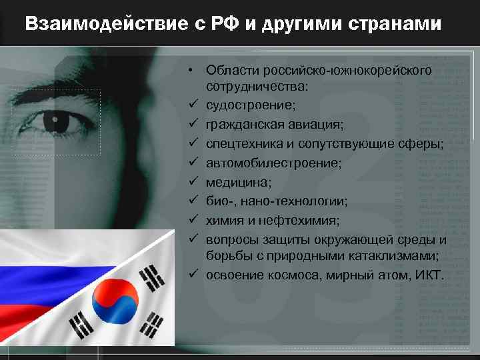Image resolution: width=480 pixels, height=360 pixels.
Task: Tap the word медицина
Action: tap(233, 182)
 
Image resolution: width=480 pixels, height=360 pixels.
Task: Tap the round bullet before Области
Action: tap(191, 70)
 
